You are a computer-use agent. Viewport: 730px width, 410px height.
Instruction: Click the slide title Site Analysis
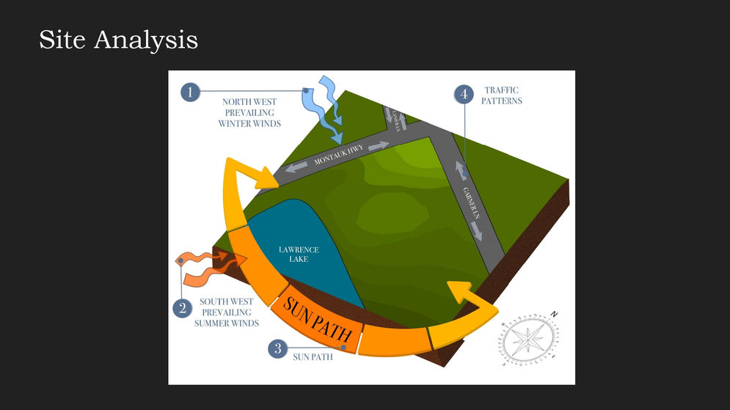[118, 40]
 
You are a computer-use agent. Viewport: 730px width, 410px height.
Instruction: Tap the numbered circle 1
[190, 92]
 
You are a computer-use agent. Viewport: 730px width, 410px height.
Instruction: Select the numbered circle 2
[183, 308]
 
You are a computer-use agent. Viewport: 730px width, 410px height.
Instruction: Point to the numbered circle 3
[277, 348]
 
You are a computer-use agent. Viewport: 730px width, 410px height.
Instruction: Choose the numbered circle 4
[463, 94]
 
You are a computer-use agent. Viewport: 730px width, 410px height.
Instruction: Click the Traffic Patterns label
[502, 95]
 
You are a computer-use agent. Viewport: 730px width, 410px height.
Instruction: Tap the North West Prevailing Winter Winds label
[249, 113]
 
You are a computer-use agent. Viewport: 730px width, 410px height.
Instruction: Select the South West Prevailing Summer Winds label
[227, 312]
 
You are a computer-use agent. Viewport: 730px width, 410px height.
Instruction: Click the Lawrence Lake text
[299, 255]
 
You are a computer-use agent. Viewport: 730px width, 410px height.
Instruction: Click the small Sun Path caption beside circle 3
[313, 357]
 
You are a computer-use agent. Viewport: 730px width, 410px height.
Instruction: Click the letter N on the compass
[555, 315]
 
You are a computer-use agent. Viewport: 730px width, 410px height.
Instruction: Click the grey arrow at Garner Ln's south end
[477, 231]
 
